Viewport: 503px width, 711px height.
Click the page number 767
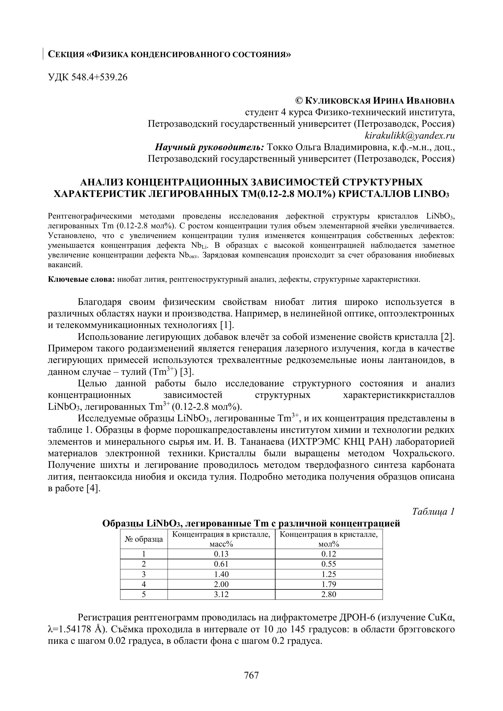tap(251, 675)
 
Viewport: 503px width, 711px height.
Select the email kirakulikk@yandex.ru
tap(410, 136)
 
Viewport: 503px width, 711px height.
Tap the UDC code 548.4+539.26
tap(99, 77)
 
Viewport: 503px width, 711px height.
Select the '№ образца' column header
tap(144, 540)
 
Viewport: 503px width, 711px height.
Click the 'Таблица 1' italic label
tap(433, 512)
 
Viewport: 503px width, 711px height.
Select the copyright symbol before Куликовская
tap(299, 101)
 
